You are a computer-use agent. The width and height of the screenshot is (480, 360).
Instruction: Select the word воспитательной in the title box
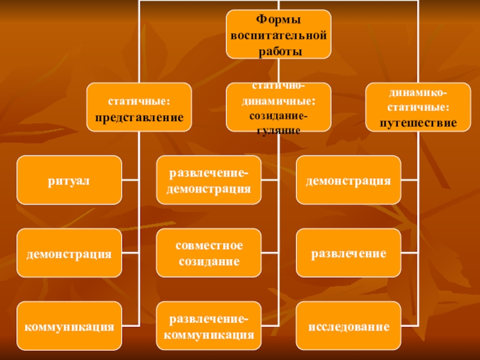278,36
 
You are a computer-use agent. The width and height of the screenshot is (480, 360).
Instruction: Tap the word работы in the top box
278,51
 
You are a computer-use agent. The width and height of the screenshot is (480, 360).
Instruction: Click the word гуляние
278,130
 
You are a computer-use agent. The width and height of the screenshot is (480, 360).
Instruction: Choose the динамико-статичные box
418,107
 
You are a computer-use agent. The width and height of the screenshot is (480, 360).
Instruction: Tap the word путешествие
418,122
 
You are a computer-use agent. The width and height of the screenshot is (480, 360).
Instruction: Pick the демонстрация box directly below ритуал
69,253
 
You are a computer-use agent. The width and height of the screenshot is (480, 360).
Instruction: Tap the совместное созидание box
209,253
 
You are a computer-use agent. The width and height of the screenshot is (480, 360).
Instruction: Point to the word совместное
209,246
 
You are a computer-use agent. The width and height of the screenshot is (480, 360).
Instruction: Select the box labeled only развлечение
349,253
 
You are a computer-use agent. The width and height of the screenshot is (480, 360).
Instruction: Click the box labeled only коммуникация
69,327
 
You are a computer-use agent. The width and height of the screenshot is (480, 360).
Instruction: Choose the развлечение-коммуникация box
209,327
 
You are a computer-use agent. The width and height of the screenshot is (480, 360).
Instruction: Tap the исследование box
349,327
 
